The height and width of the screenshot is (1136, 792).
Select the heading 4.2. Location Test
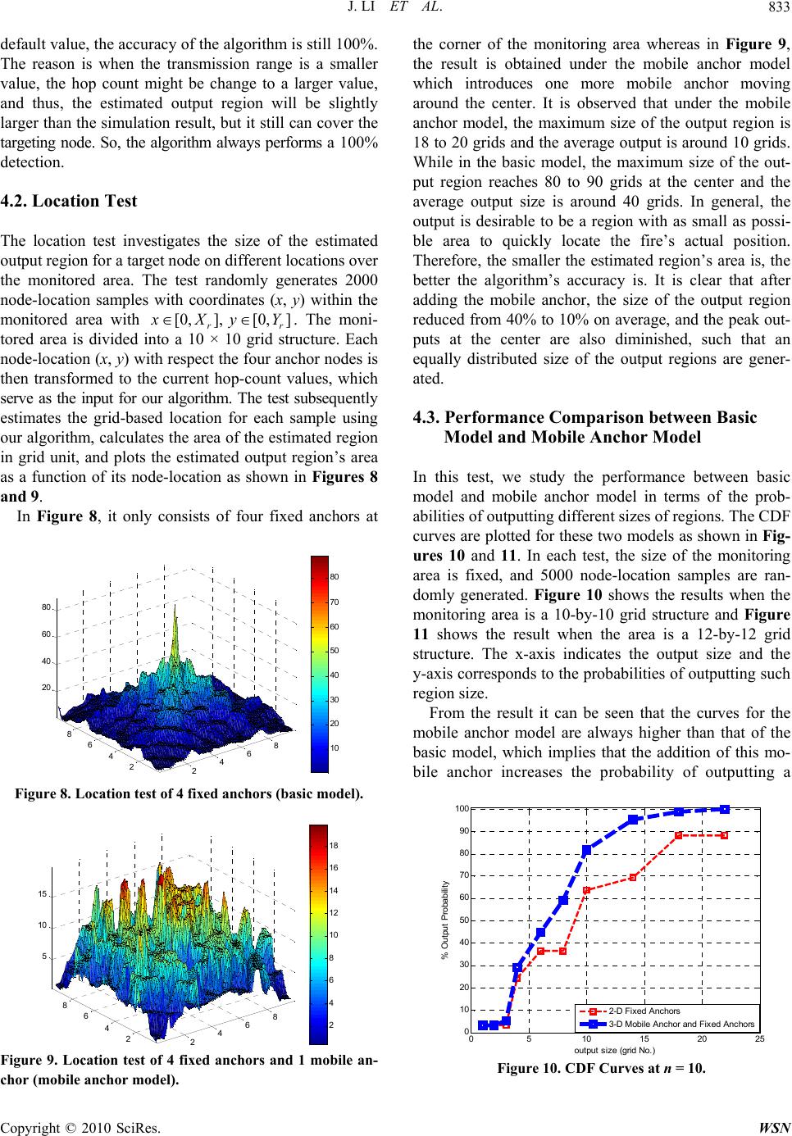click(71, 201)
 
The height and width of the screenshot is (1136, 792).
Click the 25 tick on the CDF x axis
click(759, 1039)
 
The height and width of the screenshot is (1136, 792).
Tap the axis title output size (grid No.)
click(615, 1050)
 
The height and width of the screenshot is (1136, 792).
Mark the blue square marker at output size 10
click(586, 850)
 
